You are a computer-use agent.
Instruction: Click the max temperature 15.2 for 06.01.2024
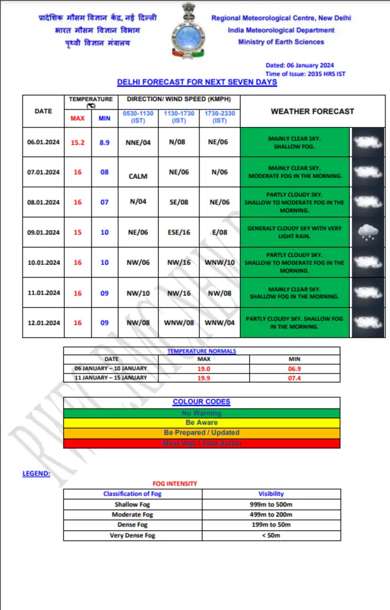[x=77, y=142]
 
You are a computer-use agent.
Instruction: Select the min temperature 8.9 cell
[x=104, y=142]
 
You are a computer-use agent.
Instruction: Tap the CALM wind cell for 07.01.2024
[x=138, y=176]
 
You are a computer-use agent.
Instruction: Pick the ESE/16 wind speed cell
[x=179, y=232]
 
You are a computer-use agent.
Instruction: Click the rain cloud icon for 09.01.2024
[x=368, y=232]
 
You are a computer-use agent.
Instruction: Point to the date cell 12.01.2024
[x=43, y=323]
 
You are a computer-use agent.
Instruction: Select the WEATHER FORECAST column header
[x=312, y=111]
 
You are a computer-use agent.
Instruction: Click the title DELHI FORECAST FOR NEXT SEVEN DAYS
[x=197, y=82]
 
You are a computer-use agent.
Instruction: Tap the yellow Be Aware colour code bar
[x=202, y=423]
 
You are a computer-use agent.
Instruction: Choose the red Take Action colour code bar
[x=202, y=443]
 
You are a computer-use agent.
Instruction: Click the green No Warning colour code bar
[x=202, y=413]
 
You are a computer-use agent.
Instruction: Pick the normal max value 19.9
[x=204, y=377]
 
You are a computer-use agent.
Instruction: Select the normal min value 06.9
[x=295, y=368]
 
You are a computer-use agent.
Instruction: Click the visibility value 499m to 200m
[x=271, y=515]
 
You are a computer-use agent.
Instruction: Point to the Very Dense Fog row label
[x=132, y=535]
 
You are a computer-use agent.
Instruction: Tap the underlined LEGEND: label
[x=36, y=474]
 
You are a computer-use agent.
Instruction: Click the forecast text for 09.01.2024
[x=295, y=232]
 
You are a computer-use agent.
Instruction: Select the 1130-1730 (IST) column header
[x=179, y=117]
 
